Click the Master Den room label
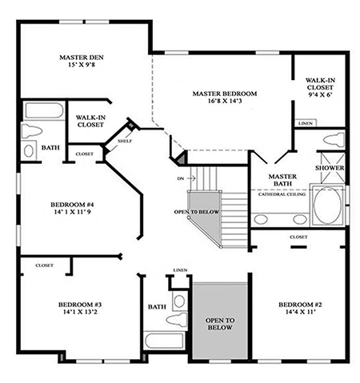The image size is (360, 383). (82, 58)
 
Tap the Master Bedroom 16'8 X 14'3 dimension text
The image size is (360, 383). (225, 101)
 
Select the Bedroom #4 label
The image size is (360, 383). (72, 205)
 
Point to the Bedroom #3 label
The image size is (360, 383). (80, 305)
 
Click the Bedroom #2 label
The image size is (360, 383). (300, 305)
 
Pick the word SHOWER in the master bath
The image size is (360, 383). (330, 168)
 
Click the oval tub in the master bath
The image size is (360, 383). (327, 205)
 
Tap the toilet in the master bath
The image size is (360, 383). (334, 139)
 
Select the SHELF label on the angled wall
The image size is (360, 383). (125, 141)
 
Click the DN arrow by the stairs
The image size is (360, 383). (191, 178)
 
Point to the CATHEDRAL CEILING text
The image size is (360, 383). (282, 194)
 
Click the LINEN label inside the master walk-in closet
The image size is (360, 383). (306, 123)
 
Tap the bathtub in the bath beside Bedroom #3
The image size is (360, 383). (165, 341)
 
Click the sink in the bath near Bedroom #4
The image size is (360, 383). (29, 151)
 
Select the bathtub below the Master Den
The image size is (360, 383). (44, 110)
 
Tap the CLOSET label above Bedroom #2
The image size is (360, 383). (298, 237)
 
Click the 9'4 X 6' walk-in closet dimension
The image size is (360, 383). (320, 94)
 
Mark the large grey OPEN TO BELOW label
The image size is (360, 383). (220, 324)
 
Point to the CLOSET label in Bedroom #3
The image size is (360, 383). (45, 265)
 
